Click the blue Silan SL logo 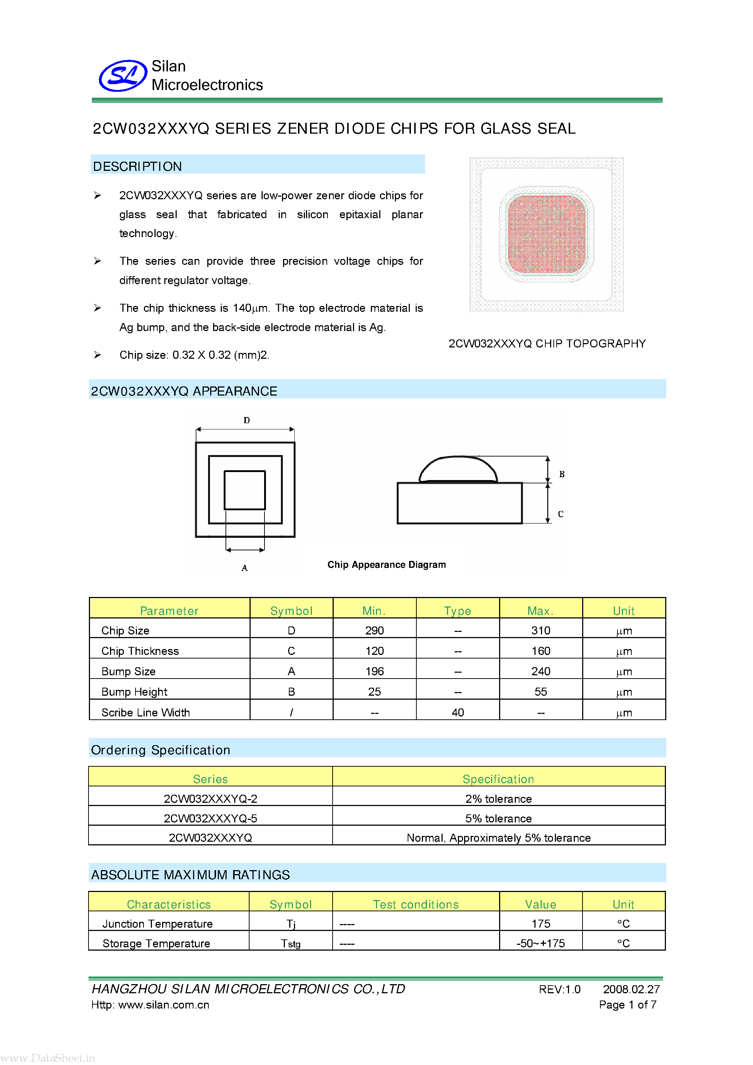[123, 76]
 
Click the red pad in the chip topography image [546, 234]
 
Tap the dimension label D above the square [246, 420]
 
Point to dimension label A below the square [244, 568]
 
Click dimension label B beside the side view [561, 474]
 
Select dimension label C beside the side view [560, 514]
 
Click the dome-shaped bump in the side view [458, 469]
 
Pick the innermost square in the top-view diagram [244, 490]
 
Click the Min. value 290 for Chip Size [374, 630]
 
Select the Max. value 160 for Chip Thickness [541, 651]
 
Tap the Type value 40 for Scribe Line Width [458, 712]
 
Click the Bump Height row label [134, 692]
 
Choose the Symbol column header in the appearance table [291, 610]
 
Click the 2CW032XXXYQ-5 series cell [210, 818]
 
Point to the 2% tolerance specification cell [498, 799]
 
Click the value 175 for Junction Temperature [541, 924]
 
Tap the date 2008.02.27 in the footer [631, 989]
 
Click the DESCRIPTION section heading [137, 166]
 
